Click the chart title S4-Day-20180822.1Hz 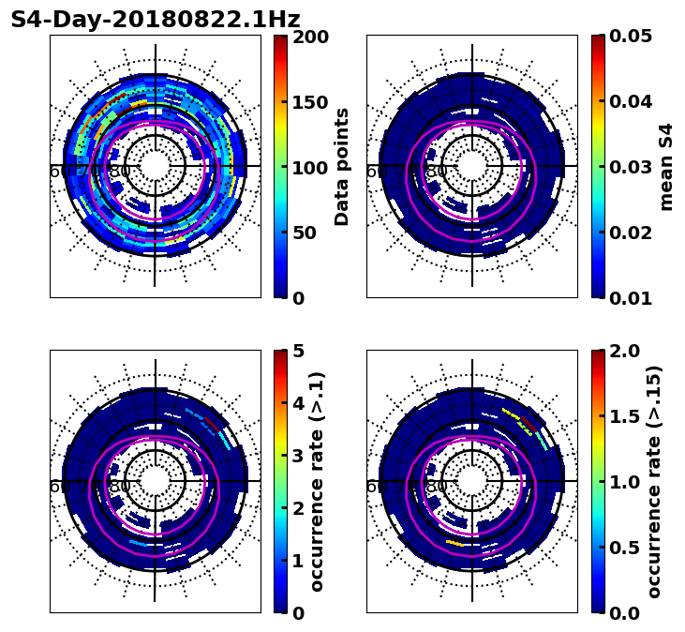(x=155, y=20)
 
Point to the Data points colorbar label (x=342, y=167)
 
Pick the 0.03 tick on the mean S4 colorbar (x=630, y=167)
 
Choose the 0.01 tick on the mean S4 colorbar (x=630, y=297)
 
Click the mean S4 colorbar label (x=666, y=167)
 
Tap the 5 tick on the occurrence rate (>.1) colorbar (x=298, y=352)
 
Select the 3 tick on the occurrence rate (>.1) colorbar (x=298, y=456)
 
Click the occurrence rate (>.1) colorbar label (x=318, y=482)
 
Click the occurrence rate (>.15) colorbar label (x=654, y=482)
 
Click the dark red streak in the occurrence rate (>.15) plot (x=531, y=427)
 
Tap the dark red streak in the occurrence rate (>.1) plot (x=215, y=427)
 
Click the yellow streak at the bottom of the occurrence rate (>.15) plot (x=454, y=543)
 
